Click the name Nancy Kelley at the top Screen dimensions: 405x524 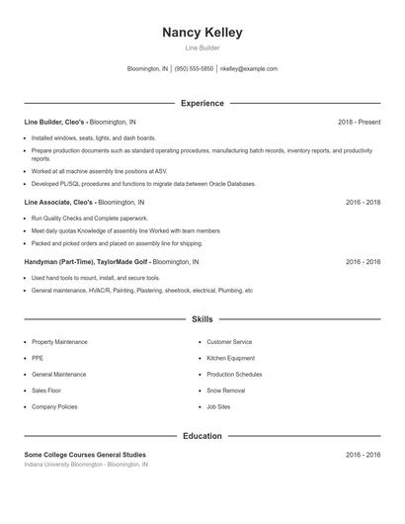202,33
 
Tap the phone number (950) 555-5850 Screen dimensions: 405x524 194,69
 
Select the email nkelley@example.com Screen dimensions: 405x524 248,69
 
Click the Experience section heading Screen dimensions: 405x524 202,103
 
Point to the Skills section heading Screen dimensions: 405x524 202,319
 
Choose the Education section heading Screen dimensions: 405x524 202,436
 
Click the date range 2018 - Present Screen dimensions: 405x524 359,122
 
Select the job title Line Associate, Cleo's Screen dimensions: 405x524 58,202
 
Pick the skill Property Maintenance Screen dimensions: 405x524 59,342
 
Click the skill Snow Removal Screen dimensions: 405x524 225,391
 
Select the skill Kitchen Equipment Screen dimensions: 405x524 230,358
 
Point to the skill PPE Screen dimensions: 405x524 38,358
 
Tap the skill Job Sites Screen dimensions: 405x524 218,406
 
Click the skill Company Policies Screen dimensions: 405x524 54,406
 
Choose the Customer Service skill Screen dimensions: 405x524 229,342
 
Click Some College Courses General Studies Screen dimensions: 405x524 85,455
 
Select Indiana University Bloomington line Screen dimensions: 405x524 86,465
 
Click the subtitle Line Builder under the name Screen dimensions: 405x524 202,47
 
